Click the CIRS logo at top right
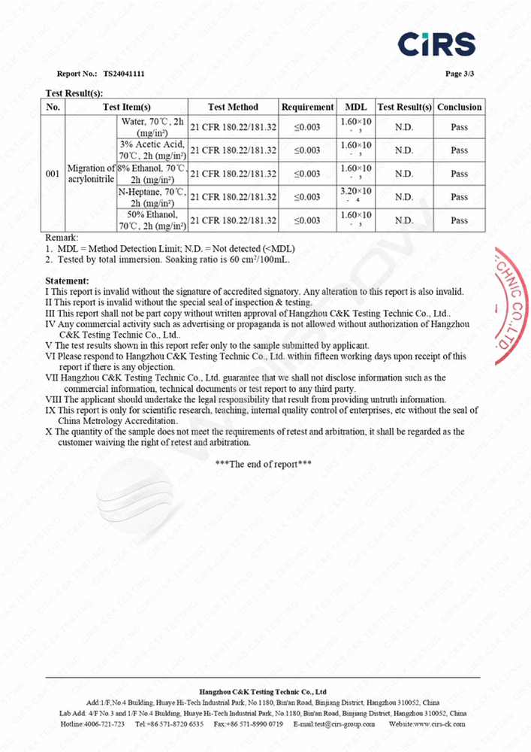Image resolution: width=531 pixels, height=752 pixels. (436, 44)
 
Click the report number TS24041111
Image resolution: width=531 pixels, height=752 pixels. (124, 74)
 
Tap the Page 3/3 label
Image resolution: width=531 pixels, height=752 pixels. (460, 74)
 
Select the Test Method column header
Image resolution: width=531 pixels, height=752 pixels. (233, 108)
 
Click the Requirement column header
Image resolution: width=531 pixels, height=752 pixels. (307, 108)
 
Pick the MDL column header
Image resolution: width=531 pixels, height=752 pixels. (356, 108)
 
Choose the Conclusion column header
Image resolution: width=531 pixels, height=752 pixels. (459, 108)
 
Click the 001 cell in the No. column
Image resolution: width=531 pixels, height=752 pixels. (53, 174)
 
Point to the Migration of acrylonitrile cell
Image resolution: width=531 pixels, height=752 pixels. (91, 174)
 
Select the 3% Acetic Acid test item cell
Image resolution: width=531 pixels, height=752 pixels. (152, 150)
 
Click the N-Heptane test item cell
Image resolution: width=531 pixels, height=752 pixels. (152, 197)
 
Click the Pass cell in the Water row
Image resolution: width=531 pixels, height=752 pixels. (459, 127)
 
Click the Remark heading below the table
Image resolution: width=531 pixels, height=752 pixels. (62, 237)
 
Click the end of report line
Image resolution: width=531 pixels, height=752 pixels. (264, 464)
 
